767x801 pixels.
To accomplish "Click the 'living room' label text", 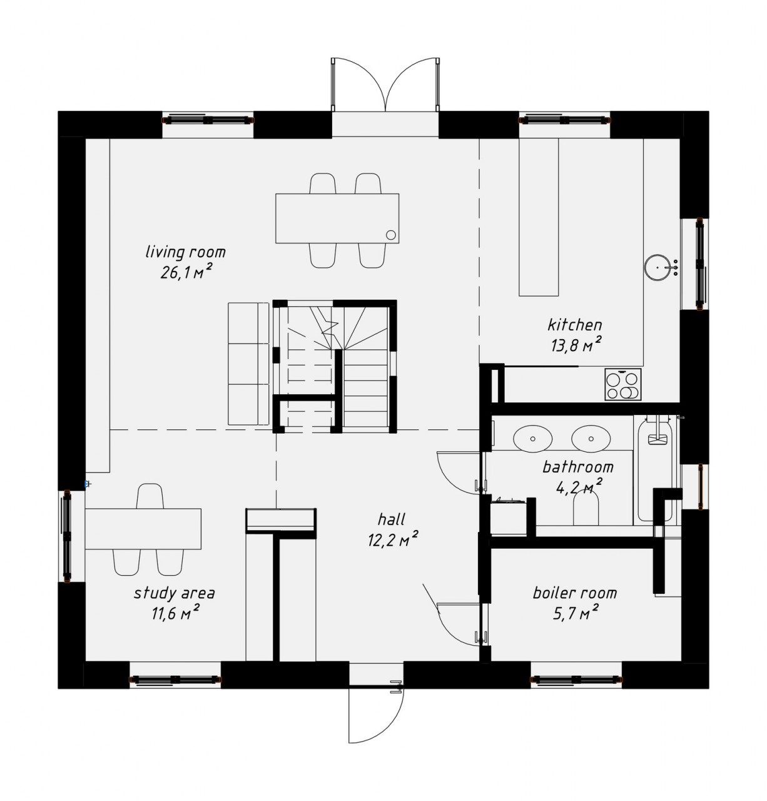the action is [x=186, y=252].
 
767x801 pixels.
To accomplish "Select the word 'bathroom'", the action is [x=577, y=467].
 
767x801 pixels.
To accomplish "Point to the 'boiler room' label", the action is [x=575, y=593].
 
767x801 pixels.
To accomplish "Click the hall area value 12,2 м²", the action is [x=393, y=539].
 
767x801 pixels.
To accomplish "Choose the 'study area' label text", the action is [x=175, y=593].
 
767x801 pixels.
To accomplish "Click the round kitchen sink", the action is [x=658, y=268].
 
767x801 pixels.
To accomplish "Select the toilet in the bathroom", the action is [x=586, y=509].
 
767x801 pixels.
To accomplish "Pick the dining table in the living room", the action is [x=337, y=218].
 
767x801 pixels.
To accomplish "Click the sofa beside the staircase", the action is [x=248, y=364].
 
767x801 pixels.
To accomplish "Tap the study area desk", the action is [x=143, y=529].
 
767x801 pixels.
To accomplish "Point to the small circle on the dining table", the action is [x=391, y=235].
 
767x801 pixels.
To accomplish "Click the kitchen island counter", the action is [x=538, y=217].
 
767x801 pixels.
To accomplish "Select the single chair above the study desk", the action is [x=150, y=496].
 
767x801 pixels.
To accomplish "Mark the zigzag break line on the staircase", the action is [x=327, y=327].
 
